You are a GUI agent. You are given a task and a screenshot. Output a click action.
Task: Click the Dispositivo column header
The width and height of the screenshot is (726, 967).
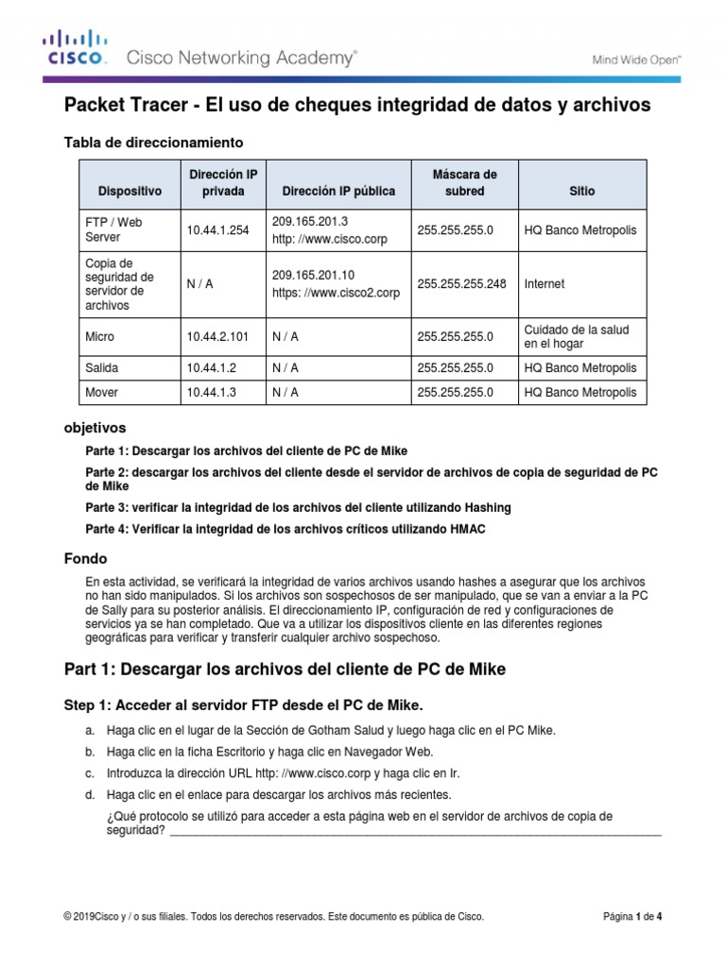coord(130,191)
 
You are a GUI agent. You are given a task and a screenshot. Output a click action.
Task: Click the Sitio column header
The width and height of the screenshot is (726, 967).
coord(582,191)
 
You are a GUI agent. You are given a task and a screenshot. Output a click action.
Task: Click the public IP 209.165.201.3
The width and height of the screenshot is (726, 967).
coord(303,222)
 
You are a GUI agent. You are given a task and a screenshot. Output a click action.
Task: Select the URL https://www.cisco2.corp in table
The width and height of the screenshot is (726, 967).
coord(336,293)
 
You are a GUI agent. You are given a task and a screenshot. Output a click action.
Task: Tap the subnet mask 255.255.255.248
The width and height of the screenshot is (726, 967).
coord(461,283)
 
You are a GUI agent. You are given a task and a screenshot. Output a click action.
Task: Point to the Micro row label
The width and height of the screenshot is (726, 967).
coord(99,335)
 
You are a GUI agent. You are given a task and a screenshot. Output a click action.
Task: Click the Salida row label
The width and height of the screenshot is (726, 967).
coord(102,367)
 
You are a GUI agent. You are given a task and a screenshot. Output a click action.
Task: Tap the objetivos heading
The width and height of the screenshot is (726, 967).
coord(94,428)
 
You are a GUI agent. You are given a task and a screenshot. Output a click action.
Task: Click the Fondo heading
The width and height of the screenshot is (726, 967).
coord(85,558)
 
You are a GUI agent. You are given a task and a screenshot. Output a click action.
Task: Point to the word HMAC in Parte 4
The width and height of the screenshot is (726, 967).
coord(467,529)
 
